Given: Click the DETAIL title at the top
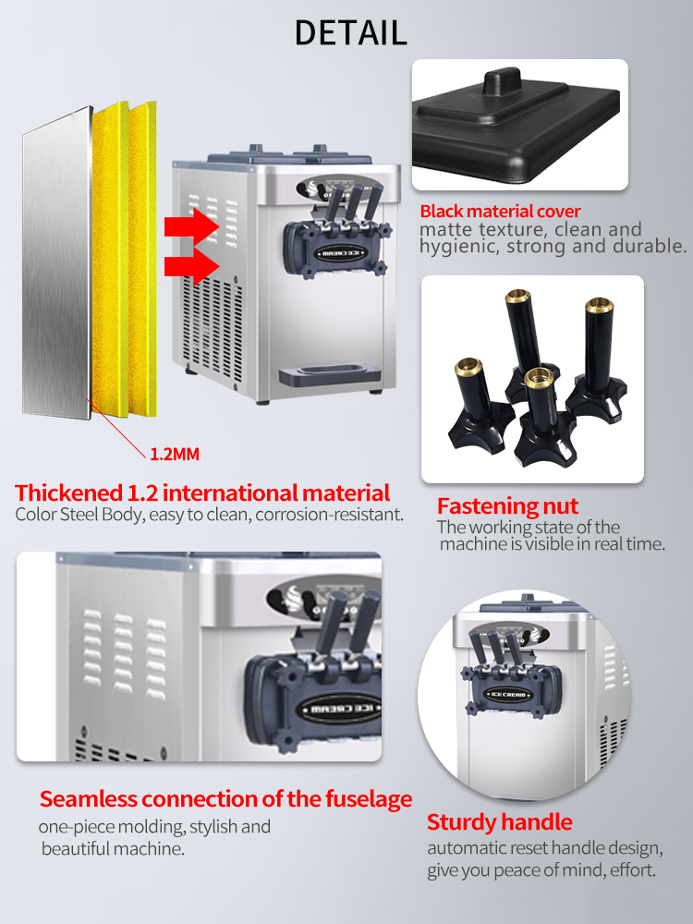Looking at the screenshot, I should coord(350,32).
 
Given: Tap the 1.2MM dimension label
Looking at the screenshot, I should coord(175,454).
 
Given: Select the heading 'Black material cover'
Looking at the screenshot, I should coord(500,212).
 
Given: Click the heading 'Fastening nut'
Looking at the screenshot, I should coord(507,506).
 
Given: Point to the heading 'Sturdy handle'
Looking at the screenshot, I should coord(499,821).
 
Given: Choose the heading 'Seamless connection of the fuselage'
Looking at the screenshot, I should coord(225,798).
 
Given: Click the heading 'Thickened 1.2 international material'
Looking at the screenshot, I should coord(202,492).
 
